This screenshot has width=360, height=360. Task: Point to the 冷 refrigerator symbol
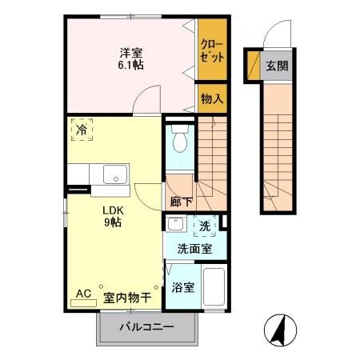coord(82,128)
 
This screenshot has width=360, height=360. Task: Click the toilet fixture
coord(181,142)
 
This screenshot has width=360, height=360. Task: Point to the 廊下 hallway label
coord(180,202)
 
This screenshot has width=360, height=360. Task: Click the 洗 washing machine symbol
coord(205,226)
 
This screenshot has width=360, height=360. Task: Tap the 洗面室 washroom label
coord(195,250)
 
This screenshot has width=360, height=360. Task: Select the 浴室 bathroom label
coord(182,286)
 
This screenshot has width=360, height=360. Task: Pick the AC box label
coord(83,294)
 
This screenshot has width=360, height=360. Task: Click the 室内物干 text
coord(127,297)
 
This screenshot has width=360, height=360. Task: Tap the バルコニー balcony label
coord(147,327)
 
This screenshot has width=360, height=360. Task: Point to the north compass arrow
coord(282,328)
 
